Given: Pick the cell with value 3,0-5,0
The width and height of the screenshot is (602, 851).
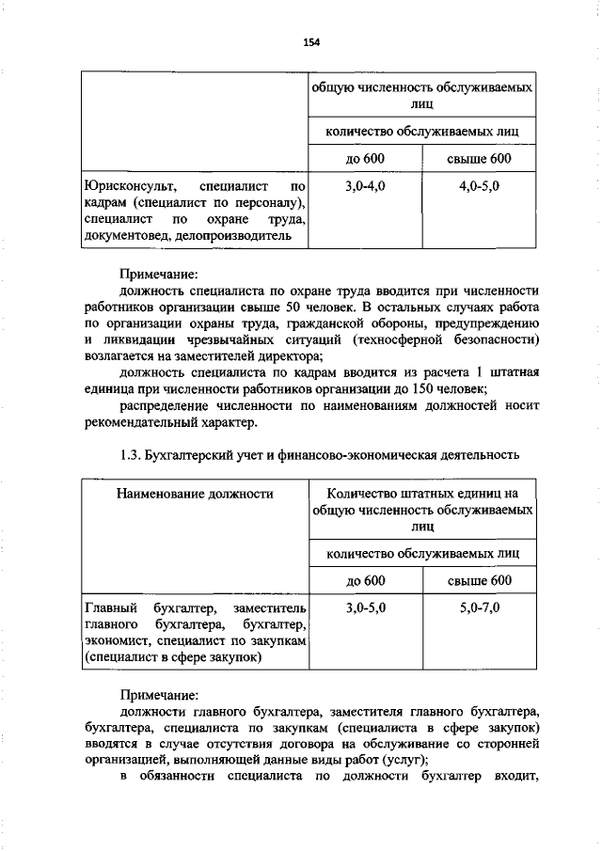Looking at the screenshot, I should tap(365, 608).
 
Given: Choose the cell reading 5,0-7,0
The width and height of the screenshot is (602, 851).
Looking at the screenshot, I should tap(480, 608).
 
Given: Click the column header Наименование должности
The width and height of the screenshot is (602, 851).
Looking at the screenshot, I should tap(195, 492).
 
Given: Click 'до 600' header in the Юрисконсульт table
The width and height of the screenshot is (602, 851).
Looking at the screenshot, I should tap(365, 158).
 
